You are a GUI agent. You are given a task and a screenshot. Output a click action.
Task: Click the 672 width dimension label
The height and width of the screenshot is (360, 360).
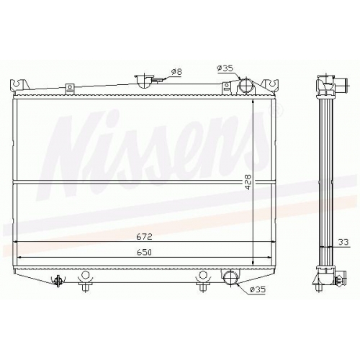(x=145, y=237)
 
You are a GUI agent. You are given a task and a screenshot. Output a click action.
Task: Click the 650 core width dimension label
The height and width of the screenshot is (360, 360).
(x=145, y=252)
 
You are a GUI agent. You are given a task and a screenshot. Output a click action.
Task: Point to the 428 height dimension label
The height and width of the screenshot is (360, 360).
(x=248, y=182)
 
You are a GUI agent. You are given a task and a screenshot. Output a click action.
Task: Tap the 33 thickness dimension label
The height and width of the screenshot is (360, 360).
(x=343, y=242)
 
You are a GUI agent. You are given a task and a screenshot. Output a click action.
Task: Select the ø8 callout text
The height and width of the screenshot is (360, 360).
(x=177, y=71)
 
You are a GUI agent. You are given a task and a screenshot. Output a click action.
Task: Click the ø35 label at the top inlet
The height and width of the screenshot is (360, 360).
(x=225, y=68)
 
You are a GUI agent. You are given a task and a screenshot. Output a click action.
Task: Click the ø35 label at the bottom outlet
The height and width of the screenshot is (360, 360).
(x=257, y=289)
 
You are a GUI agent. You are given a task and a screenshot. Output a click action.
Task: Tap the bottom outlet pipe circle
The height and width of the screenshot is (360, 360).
(x=231, y=278)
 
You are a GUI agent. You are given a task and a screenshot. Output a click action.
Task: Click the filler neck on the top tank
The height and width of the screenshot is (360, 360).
(x=144, y=81)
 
